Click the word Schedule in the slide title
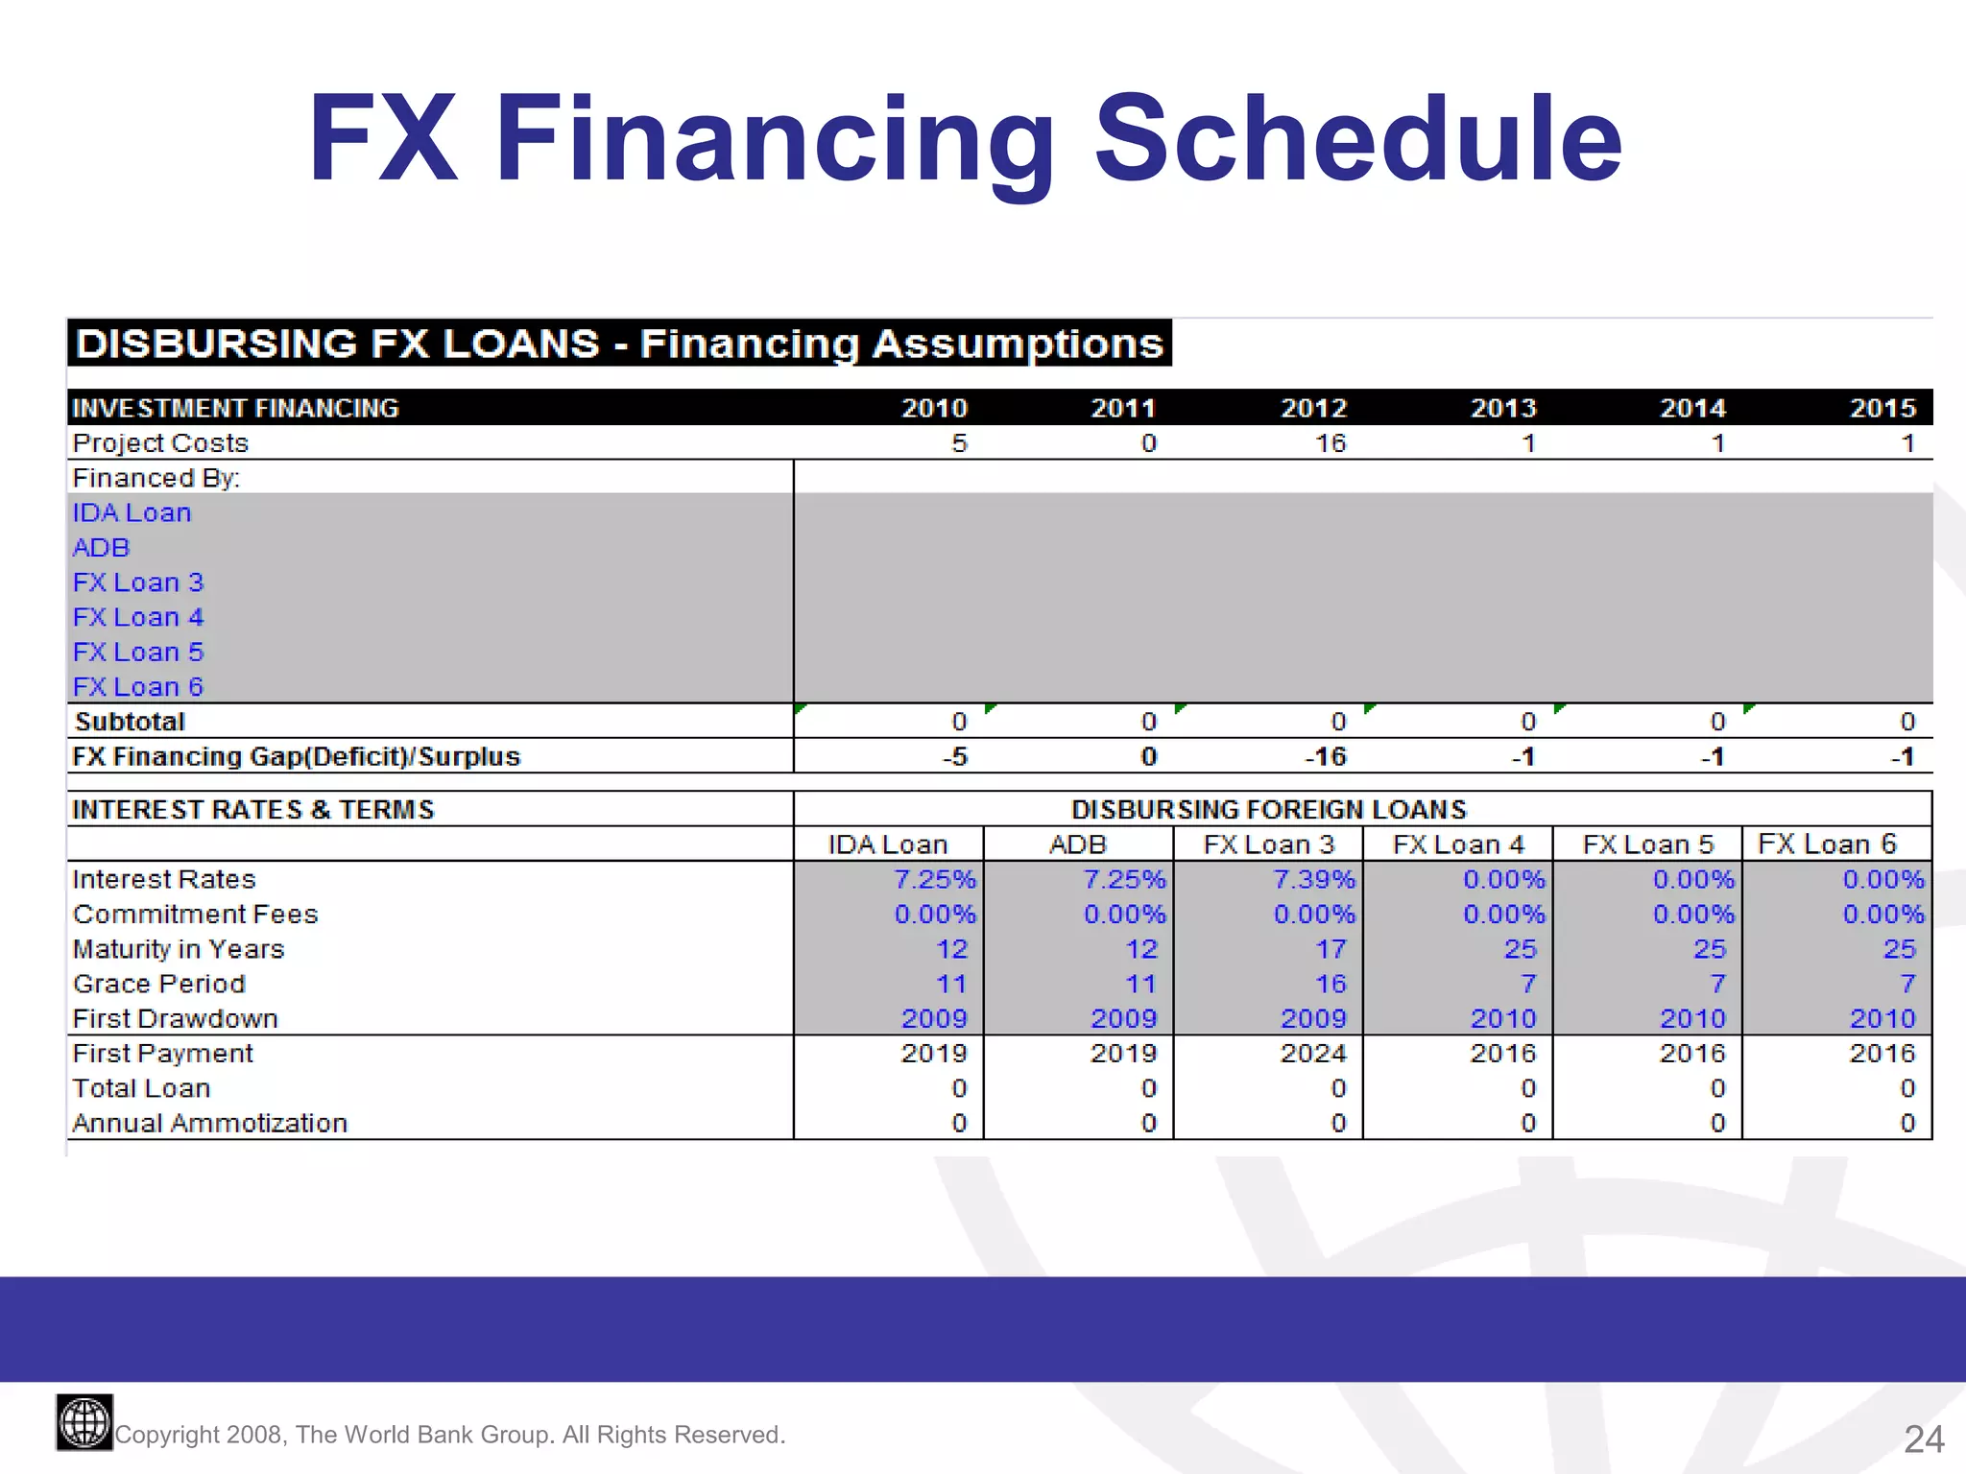tap(1357, 139)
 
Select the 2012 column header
tap(1313, 408)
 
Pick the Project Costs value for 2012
tap(1330, 443)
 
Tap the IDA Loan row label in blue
tap(132, 512)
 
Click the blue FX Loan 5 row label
tap(138, 652)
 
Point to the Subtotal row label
tap(130, 722)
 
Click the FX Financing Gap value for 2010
tap(954, 757)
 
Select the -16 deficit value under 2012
tap(1326, 757)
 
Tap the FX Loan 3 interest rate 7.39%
tap(1313, 879)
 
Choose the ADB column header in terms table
tap(1077, 844)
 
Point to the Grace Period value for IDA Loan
tap(950, 984)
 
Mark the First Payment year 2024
tap(1313, 1054)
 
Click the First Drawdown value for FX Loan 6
tap(1882, 1018)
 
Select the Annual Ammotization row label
tap(209, 1123)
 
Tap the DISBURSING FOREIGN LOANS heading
tap(1268, 810)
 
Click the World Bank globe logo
tap(84, 1422)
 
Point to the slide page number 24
tap(1924, 1438)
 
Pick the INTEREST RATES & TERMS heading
tap(253, 810)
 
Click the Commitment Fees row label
tap(195, 915)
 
